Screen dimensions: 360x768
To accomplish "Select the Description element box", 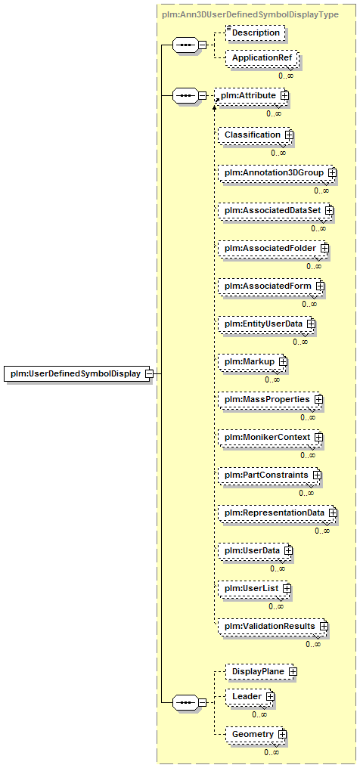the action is click(255, 33).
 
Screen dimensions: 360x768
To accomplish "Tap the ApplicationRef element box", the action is click(262, 57).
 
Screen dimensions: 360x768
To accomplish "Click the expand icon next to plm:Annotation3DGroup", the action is click(333, 172).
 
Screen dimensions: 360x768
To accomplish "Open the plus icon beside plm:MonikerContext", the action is click(319, 437).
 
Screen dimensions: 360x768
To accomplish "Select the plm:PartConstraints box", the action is click(270, 475).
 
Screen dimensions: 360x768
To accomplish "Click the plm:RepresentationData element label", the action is click(275, 513).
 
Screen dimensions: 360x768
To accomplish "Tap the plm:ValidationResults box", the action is click(273, 626).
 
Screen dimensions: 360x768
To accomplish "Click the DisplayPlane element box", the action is click(261, 671).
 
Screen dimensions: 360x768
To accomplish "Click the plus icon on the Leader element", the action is click(270, 696).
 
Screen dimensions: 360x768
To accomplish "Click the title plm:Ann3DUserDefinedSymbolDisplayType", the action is click(250, 14).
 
